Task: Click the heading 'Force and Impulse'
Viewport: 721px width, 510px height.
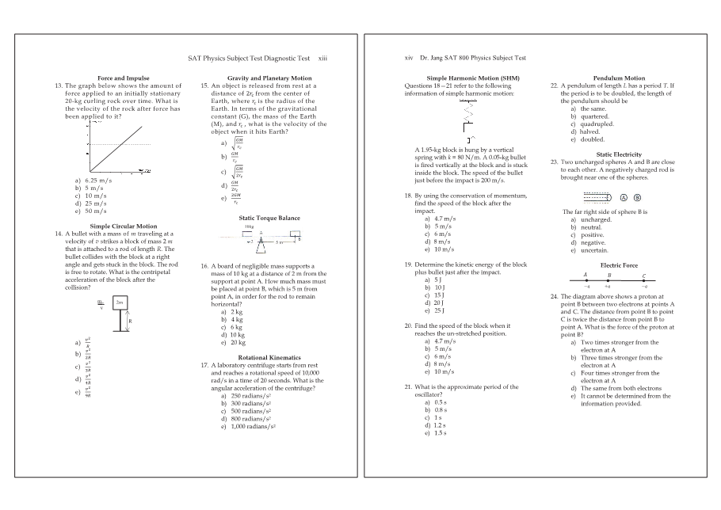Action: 123,78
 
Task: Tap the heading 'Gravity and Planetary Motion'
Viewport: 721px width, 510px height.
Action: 269,78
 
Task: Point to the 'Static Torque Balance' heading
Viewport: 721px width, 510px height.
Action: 269,218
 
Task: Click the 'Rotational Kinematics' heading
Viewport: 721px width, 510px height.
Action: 269,358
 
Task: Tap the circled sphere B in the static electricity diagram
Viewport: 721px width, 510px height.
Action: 637,197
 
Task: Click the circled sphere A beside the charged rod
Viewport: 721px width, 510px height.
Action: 624,197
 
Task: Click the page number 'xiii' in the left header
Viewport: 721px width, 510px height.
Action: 322,58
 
